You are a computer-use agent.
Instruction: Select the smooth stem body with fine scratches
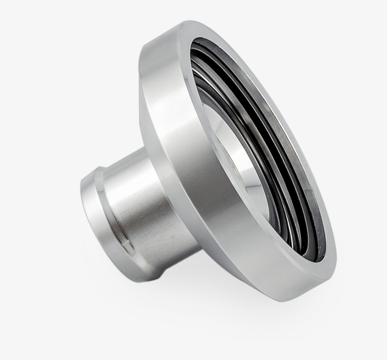142,208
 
